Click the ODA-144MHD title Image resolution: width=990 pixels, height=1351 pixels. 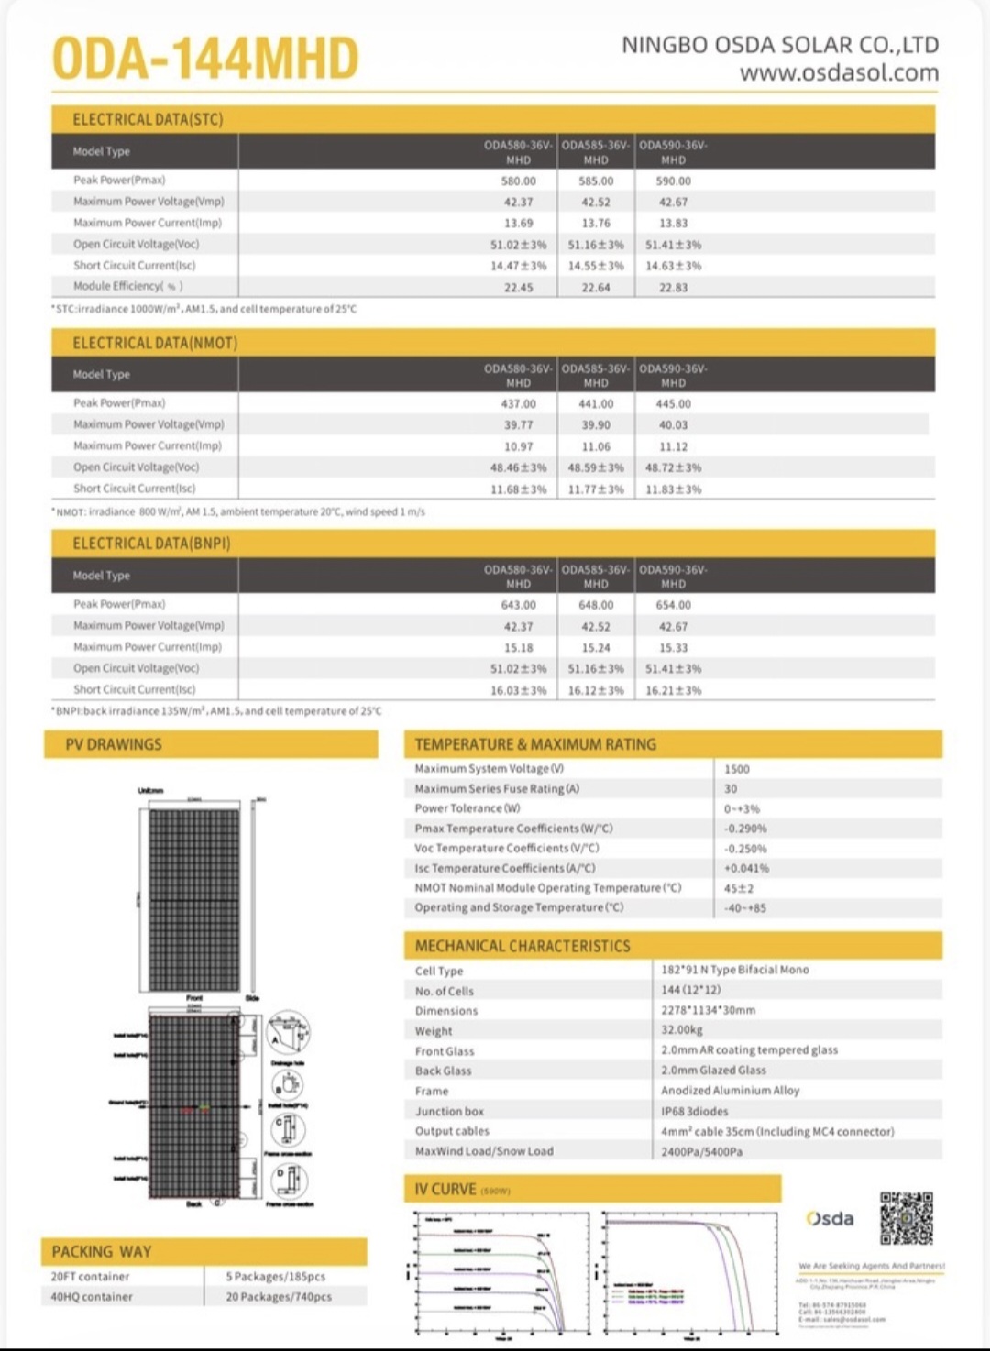(205, 60)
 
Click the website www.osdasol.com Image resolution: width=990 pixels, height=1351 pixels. (839, 73)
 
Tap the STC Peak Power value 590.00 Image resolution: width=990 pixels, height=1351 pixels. (673, 181)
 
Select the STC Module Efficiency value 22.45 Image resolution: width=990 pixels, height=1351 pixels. (518, 288)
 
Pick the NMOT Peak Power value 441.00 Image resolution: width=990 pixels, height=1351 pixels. (595, 404)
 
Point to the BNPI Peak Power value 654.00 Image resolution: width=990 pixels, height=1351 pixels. (673, 606)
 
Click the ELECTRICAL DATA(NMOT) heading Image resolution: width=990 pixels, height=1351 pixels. (155, 344)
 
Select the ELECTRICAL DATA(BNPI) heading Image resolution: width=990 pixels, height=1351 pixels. (151, 544)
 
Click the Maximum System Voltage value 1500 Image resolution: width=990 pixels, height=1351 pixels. (736, 770)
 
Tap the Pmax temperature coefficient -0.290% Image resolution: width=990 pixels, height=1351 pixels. (745, 829)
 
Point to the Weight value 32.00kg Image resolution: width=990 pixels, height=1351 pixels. (682, 1030)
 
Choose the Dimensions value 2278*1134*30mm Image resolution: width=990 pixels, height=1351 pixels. (708, 1010)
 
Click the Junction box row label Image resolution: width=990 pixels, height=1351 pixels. (449, 1112)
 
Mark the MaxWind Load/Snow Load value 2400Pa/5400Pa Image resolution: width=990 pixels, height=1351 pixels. (701, 1152)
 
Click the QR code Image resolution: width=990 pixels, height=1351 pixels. (906, 1218)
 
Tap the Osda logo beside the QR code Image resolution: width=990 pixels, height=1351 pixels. (830, 1219)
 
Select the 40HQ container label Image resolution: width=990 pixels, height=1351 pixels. (92, 1297)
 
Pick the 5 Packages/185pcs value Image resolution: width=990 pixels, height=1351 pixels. (275, 1277)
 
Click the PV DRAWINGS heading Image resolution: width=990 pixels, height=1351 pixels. (114, 745)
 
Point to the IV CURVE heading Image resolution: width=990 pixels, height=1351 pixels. (445, 1190)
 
